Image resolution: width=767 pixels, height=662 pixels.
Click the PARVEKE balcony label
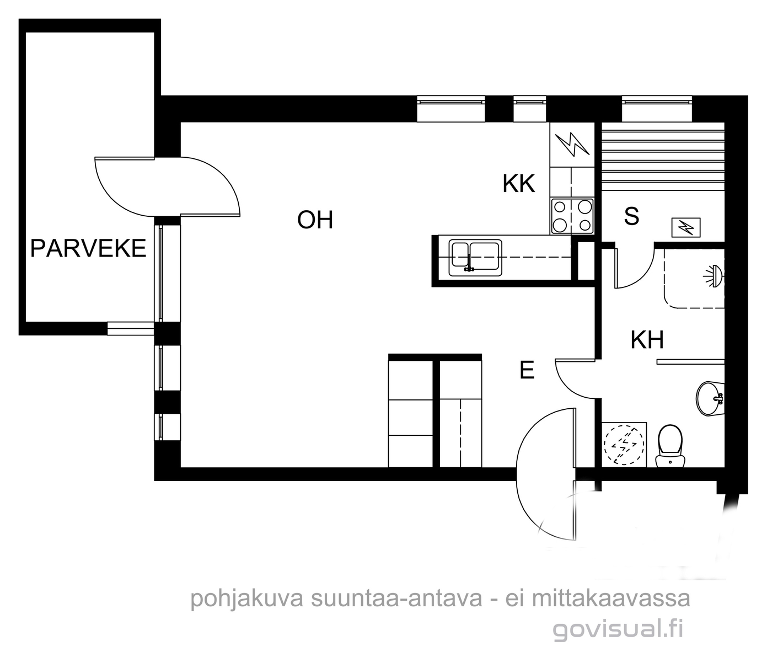tap(88, 248)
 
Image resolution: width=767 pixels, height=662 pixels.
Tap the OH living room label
tap(315, 220)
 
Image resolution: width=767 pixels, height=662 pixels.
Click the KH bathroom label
tap(647, 340)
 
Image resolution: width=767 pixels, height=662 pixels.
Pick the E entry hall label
tap(527, 370)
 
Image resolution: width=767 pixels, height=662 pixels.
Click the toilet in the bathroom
tap(670, 446)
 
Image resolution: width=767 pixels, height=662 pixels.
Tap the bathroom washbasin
tap(710, 399)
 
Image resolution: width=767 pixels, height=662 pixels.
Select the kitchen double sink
tap(475, 258)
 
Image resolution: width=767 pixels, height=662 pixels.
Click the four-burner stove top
tap(572, 216)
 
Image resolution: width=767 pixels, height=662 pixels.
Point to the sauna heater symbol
tap(686, 228)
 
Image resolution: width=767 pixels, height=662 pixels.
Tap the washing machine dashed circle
tap(623, 445)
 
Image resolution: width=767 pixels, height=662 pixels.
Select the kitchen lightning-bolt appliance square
tap(572, 145)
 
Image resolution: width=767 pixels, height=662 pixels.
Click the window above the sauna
tap(657, 109)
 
